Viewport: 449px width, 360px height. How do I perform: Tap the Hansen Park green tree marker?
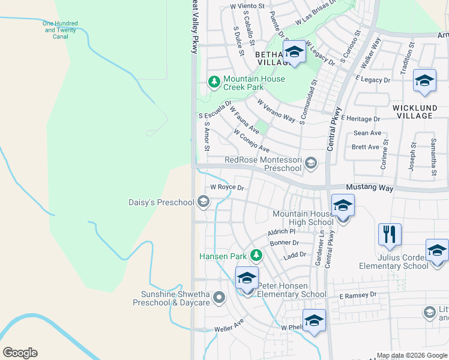pyautogui.click(x=256, y=256)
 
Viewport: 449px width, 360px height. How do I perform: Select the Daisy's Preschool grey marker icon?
pyautogui.click(x=203, y=202)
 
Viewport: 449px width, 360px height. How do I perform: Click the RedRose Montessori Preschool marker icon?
pyautogui.click(x=310, y=163)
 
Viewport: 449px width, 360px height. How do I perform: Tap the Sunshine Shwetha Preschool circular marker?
pyautogui.click(x=219, y=296)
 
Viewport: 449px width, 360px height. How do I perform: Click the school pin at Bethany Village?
pyautogui.click(x=294, y=52)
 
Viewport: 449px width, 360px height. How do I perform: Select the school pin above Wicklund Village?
pyautogui.click(x=424, y=82)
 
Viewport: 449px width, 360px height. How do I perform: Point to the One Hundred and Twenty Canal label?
pyautogui.click(x=60, y=30)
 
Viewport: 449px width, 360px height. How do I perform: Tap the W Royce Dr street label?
pyautogui.click(x=228, y=187)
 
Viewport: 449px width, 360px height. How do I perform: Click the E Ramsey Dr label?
pyautogui.click(x=357, y=295)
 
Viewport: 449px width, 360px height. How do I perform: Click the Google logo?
pyautogui.click(x=19, y=353)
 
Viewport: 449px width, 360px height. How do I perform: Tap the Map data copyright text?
pyautogui.click(x=412, y=356)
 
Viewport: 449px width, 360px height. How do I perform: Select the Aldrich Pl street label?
pyautogui.click(x=282, y=231)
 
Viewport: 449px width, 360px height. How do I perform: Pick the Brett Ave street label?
pyautogui.click(x=366, y=147)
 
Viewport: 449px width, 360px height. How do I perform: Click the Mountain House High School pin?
pyautogui.click(x=343, y=207)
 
